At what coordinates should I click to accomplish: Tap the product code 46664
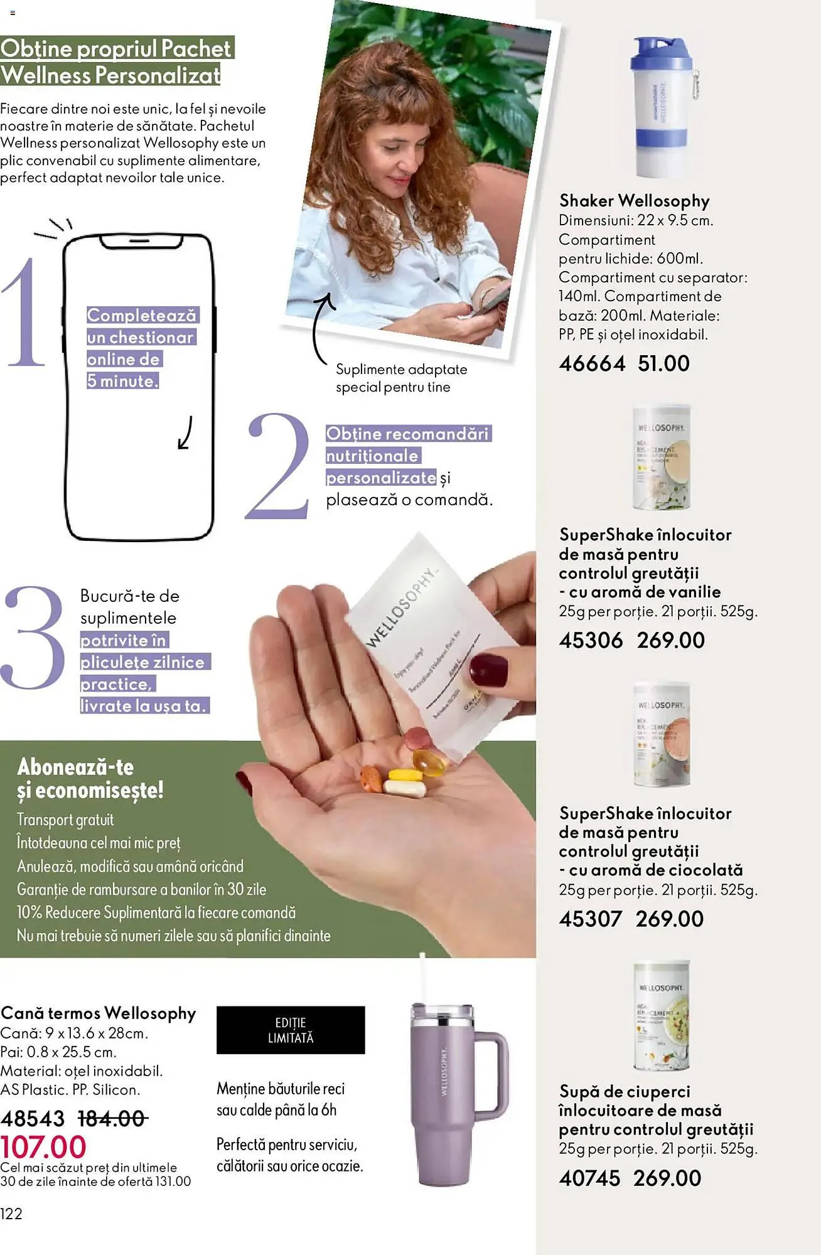tap(592, 363)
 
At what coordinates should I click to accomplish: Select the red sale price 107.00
tap(43, 1147)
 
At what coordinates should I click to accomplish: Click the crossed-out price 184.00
tap(113, 1118)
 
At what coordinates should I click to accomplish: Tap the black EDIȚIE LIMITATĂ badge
tap(291, 1030)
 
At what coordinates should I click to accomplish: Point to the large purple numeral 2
tap(279, 466)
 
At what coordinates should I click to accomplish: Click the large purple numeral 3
tap(34, 638)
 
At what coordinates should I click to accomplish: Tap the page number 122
tap(11, 1214)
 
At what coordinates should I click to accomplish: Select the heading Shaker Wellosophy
tap(634, 201)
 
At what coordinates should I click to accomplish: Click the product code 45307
tap(590, 919)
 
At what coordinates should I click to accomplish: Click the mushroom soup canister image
tap(662, 1015)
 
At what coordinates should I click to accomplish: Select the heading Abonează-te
tap(75, 767)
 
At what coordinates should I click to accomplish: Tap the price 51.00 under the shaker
tap(663, 363)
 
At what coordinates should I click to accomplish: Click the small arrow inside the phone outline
tap(185, 433)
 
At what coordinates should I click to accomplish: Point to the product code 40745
tap(589, 1178)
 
